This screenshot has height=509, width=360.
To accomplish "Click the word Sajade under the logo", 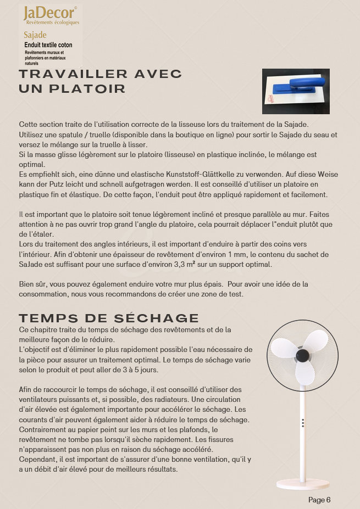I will click(x=35, y=35).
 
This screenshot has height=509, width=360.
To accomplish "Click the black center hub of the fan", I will click(x=301, y=356).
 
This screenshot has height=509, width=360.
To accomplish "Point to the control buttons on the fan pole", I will click(x=302, y=423).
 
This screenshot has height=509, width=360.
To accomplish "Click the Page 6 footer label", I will click(x=319, y=500).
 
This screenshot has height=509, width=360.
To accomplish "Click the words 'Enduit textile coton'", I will click(x=48, y=45).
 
